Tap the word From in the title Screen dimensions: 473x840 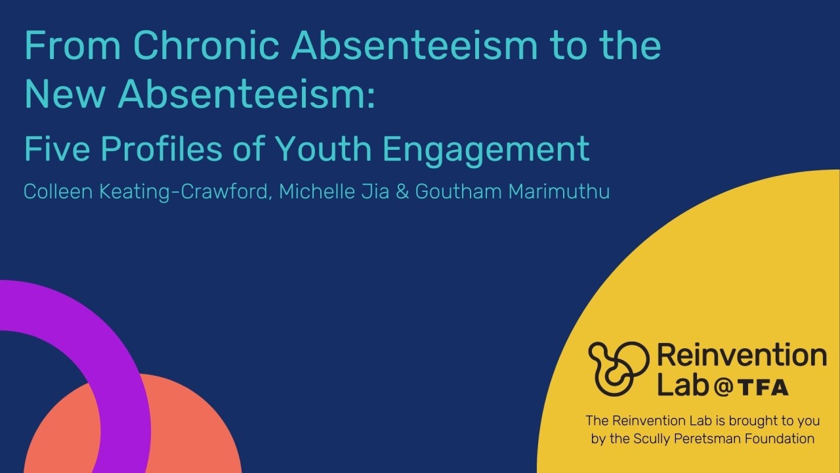pos(73,45)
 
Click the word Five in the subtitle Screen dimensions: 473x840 pos(52,148)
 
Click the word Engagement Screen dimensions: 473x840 pos(486,150)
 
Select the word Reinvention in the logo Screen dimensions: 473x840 pos(742,356)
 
